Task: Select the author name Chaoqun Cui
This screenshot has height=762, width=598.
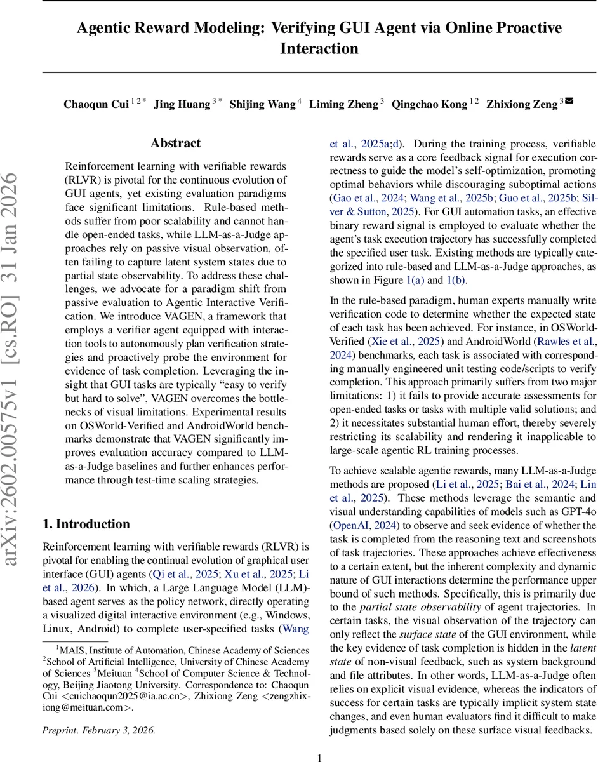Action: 96,105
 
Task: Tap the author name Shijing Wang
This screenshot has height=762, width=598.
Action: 262,105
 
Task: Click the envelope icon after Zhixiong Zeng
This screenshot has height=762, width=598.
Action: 569,101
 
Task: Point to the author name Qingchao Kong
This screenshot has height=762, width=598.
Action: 429,105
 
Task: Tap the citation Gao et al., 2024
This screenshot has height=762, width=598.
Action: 355,197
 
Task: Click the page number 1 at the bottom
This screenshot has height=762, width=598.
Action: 319,756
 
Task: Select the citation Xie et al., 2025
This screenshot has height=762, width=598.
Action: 402,340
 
